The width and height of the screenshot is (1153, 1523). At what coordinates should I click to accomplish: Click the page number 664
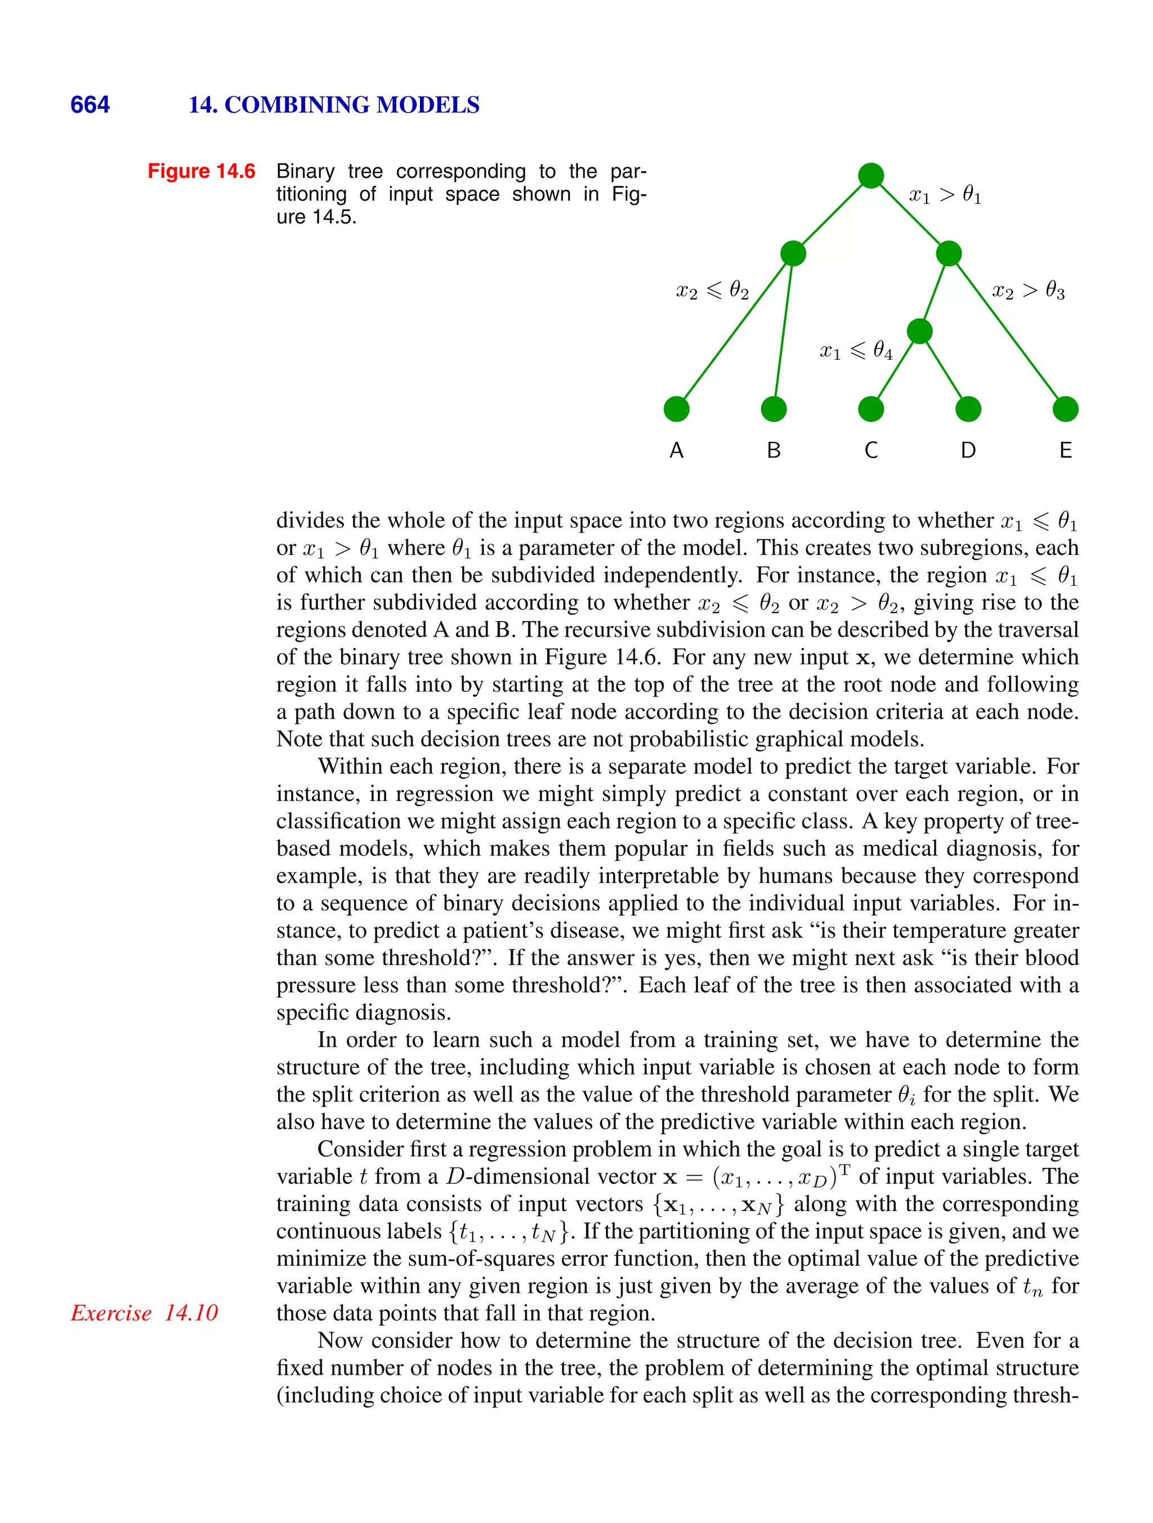click(90, 105)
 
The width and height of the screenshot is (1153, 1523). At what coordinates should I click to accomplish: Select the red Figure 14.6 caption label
click(201, 171)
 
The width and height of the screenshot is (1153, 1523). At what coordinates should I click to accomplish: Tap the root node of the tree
click(870, 176)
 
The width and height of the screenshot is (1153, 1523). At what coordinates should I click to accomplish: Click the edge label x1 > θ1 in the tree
click(945, 195)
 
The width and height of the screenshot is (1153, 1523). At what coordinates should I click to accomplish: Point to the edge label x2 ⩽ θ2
click(712, 291)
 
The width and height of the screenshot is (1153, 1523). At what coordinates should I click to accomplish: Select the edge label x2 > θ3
click(1027, 291)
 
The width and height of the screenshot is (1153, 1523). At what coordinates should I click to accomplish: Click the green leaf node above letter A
click(676, 409)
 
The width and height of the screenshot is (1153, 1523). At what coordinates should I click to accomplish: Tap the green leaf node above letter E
click(1066, 409)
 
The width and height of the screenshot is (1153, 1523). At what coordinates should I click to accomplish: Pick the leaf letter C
click(870, 450)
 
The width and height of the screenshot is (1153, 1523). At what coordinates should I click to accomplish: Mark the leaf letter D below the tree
click(968, 450)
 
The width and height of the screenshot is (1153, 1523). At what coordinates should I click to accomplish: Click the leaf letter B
click(774, 450)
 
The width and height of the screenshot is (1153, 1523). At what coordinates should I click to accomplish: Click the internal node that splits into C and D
click(919, 331)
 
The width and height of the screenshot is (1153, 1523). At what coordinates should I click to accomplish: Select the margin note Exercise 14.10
click(144, 1313)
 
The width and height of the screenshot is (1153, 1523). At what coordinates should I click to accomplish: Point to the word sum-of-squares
click(488, 1258)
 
